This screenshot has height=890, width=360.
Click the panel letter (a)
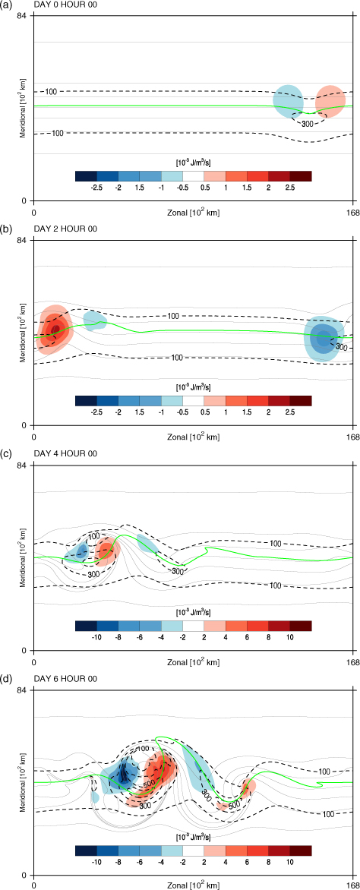tap(5, 5)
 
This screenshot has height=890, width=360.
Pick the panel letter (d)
tap(5, 678)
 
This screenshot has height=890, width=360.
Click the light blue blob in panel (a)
tap(288, 100)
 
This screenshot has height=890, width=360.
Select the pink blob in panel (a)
tap(330, 101)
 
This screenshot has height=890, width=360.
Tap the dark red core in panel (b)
tap(55, 330)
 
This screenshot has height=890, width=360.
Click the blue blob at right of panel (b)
tap(324, 338)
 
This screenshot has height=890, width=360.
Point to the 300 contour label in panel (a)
tap(307, 124)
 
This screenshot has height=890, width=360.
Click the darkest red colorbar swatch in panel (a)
tap(300, 176)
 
